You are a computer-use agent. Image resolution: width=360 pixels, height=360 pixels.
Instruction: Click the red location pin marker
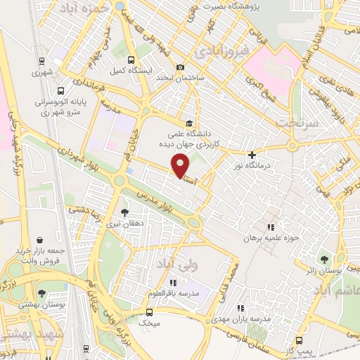pos(181,165)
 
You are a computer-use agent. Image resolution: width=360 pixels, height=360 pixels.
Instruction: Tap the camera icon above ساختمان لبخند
pos(181,67)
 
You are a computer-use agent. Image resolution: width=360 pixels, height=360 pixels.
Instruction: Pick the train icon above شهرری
pos(41,61)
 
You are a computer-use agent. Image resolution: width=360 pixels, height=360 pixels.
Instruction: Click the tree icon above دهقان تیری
pos(125,211)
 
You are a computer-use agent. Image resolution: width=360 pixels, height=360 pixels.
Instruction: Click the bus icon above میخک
pos(148,311)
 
